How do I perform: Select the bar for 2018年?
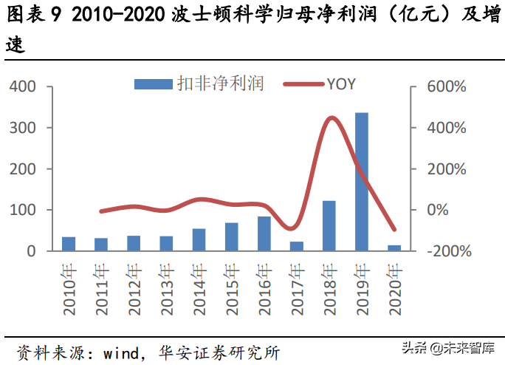pyautogui.click(x=329, y=226)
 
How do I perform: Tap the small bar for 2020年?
pyautogui.click(x=394, y=248)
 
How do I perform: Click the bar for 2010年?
pyautogui.click(x=69, y=244)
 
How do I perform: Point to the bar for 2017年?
pyautogui.click(x=297, y=247)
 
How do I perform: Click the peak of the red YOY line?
pyautogui.click(x=331, y=118)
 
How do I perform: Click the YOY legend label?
pyautogui.click(x=340, y=83)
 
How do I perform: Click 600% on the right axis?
pyautogui.click(x=446, y=86)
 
